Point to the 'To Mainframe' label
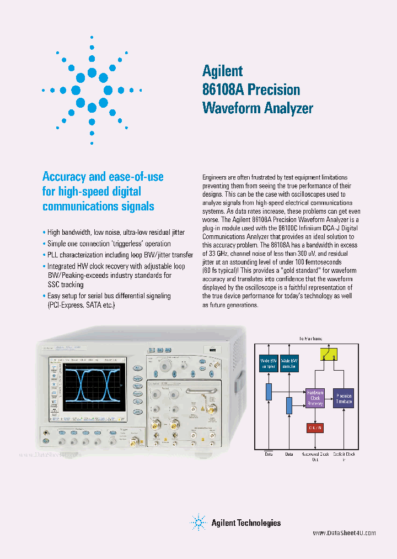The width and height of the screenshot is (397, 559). pyautogui.click(x=310, y=338)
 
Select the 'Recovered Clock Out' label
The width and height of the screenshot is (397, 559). pyautogui.click(x=315, y=456)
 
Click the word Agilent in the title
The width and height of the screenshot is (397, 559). pyautogui.click(x=222, y=71)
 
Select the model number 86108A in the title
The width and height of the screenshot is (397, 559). pyautogui.click(x=223, y=89)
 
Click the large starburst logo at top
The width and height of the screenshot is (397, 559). pyautogui.click(x=92, y=89)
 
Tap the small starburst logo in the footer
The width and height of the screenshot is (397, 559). pyautogui.click(x=198, y=522)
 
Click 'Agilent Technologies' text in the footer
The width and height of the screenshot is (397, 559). pyautogui.click(x=246, y=523)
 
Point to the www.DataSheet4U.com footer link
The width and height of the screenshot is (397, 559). pyautogui.click(x=344, y=533)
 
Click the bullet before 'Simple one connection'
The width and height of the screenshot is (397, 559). pyautogui.click(x=44, y=244)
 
